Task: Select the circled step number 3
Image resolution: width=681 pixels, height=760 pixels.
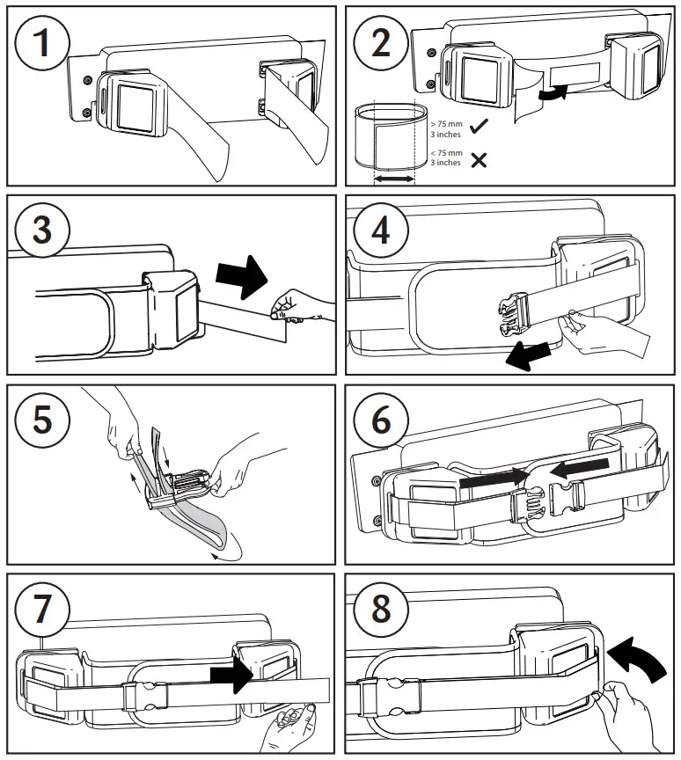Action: [40, 230]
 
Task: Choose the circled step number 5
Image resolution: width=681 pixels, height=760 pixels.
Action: [40, 420]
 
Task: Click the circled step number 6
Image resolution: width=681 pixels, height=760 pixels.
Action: [380, 420]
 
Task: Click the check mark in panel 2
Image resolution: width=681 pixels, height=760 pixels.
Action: [479, 128]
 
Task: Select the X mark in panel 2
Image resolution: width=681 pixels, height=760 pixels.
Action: [479, 159]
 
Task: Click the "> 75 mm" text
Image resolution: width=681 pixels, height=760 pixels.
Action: [446, 125]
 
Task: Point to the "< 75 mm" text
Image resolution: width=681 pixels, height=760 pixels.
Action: [446, 153]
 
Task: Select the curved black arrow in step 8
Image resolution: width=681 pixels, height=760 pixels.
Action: [636, 654]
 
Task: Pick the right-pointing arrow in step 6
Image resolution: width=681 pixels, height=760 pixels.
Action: [491, 480]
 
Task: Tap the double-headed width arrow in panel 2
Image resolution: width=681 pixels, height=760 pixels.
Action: [394, 179]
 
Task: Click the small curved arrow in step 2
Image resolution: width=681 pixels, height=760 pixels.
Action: [553, 93]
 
